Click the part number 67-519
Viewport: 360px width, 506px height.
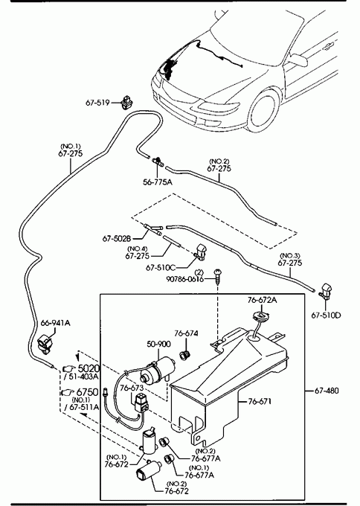(x=97, y=103)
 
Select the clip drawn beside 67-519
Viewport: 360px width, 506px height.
(x=126, y=102)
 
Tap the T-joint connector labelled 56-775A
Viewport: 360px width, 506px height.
(x=158, y=161)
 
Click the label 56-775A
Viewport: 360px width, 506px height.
(x=158, y=182)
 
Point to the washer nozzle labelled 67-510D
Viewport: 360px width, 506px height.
(x=325, y=290)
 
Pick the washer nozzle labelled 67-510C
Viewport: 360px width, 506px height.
(x=201, y=252)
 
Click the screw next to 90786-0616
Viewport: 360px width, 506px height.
(x=219, y=276)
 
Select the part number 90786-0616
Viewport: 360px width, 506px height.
(x=185, y=279)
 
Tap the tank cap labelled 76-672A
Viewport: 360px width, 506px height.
(x=261, y=315)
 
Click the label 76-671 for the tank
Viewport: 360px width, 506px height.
(x=260, y=402)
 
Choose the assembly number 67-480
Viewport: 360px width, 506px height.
(x=327, y=391)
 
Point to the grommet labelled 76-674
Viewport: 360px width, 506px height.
(x=184, y=356)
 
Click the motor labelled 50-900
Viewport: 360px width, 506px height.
(x=158, y=371)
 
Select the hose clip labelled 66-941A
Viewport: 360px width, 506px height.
(x=44, y=344)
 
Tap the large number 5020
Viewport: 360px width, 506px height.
(x=89, y=368)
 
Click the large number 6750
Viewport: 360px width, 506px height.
(x=87, y=392)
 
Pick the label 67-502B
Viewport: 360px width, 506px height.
(x=117, y=238)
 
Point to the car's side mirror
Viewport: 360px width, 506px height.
(x=299, y=60)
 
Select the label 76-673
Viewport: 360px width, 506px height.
(x=132, y=388)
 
